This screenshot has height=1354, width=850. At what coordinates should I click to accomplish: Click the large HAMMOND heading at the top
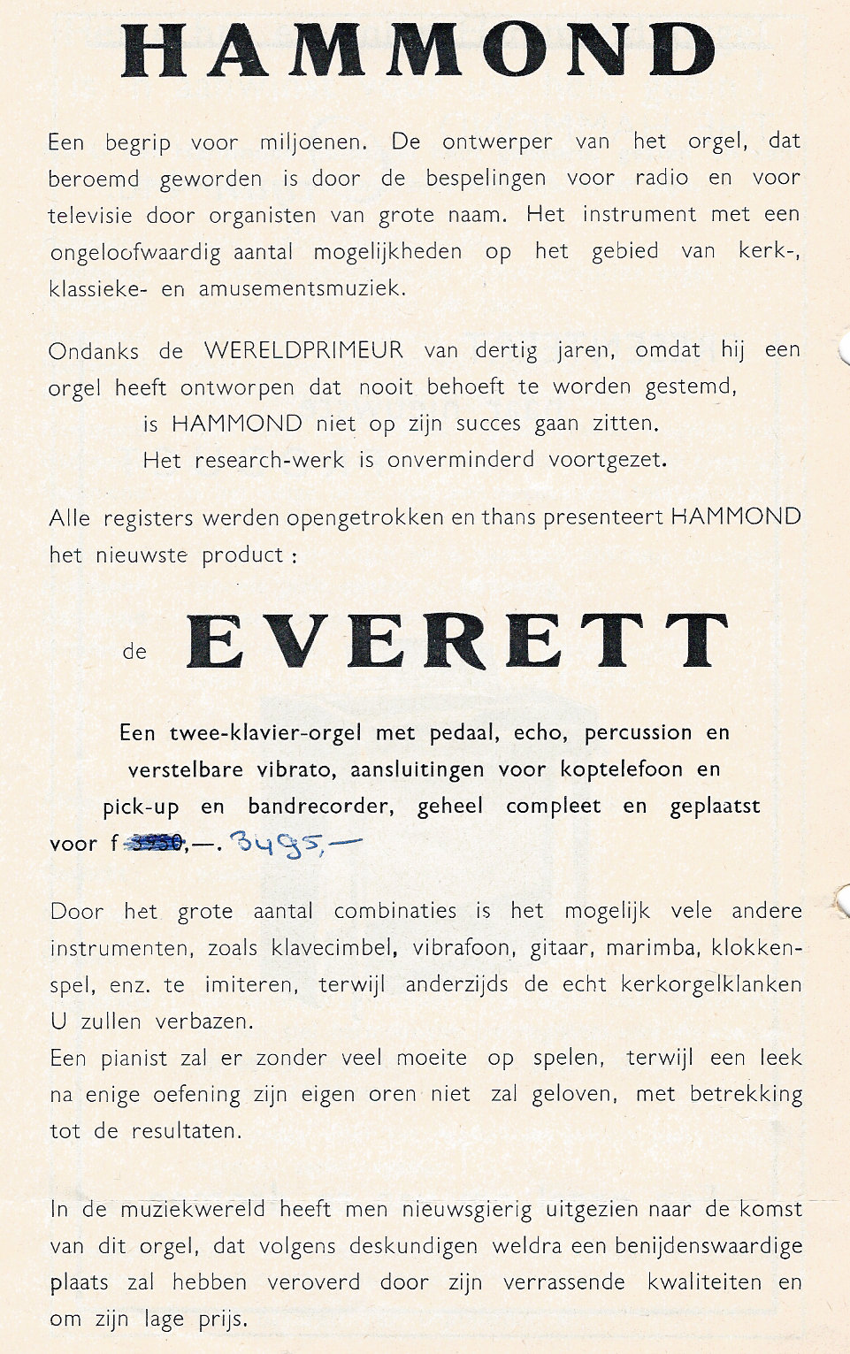(419, 50)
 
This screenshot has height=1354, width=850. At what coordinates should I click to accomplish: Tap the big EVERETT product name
(457, 641)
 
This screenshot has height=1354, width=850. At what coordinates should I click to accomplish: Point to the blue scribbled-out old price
(156, 844)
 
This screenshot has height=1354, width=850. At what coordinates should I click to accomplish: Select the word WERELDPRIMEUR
(303, 350)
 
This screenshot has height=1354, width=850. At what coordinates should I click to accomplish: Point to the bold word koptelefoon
(621, 769)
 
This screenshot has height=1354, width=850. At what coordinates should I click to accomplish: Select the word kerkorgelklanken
(700, 984)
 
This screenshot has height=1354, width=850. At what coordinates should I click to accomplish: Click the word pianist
(133, 1058)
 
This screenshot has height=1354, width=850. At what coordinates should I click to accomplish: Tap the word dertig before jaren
(506, 351)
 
